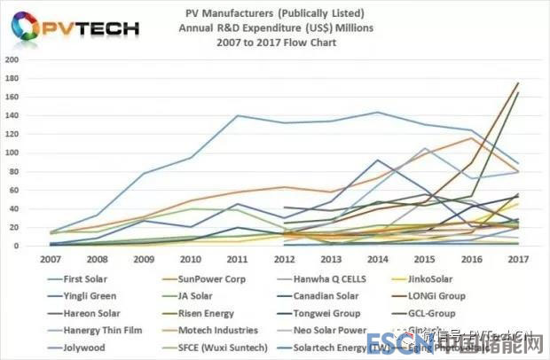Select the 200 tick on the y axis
pyautogui.click(x=11, y=60)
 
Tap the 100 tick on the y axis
pyautogui.click(x=11, y=153)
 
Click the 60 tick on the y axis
pyautogui.click(x=12, y=191)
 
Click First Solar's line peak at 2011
pyautogui.click(x=238, y=115)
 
